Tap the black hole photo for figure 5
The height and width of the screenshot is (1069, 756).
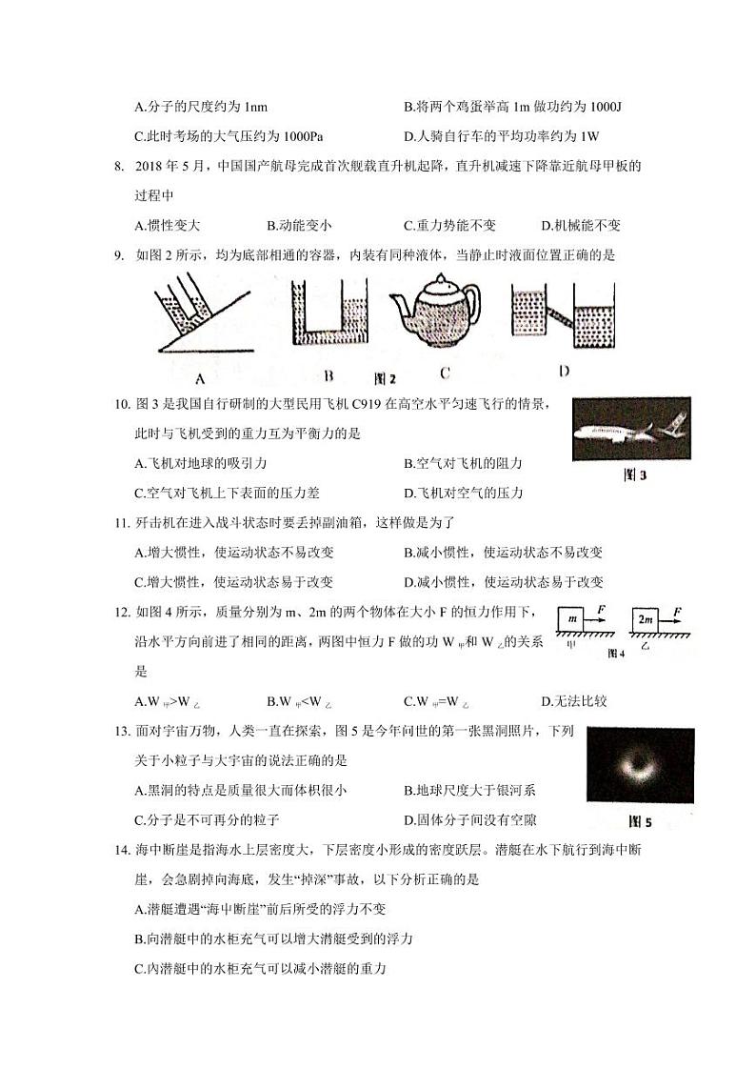click(640, 768)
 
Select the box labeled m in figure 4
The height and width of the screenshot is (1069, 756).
click(572, 618)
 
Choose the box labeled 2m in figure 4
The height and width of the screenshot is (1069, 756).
click(647, 618)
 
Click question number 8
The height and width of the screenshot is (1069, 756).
click(120, 166)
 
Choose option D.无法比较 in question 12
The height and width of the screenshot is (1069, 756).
click(573, 701)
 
